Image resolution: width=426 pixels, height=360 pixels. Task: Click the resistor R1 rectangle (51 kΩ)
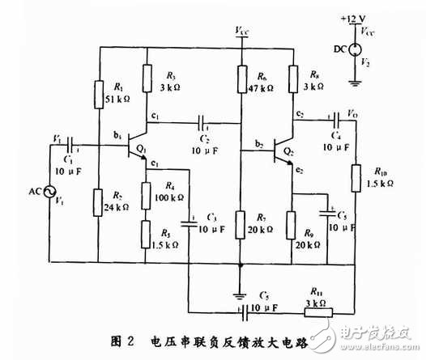click(99, 94)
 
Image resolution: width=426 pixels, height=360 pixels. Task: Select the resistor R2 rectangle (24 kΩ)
click(99, 204)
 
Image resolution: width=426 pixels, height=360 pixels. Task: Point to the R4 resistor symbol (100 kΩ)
click(146, 194)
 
